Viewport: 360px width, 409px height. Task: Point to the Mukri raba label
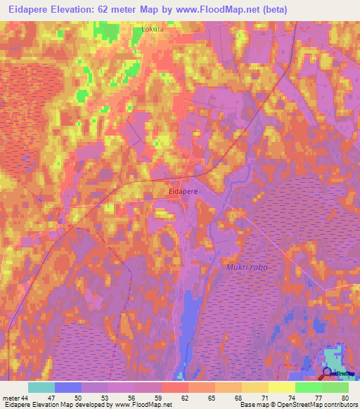coord(247,267)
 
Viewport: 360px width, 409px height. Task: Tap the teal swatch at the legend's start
coord(41,387)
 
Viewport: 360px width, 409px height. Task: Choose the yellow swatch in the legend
coord(281,387)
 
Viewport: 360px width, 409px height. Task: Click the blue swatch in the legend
coord(68,387)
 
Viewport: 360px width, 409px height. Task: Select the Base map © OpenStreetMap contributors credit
coord(297,405)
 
